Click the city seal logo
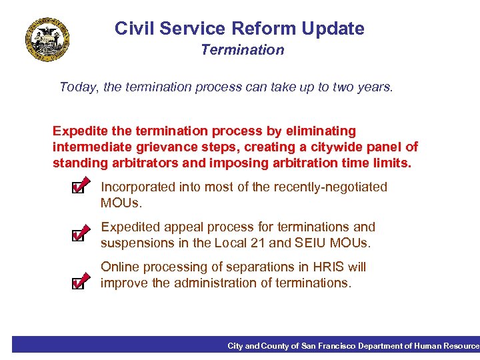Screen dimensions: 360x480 tap(47, 39)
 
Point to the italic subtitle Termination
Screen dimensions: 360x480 tap(242, 50)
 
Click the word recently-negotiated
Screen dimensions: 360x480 tap(332, 187)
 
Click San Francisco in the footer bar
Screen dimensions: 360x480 tap(328, 345)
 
